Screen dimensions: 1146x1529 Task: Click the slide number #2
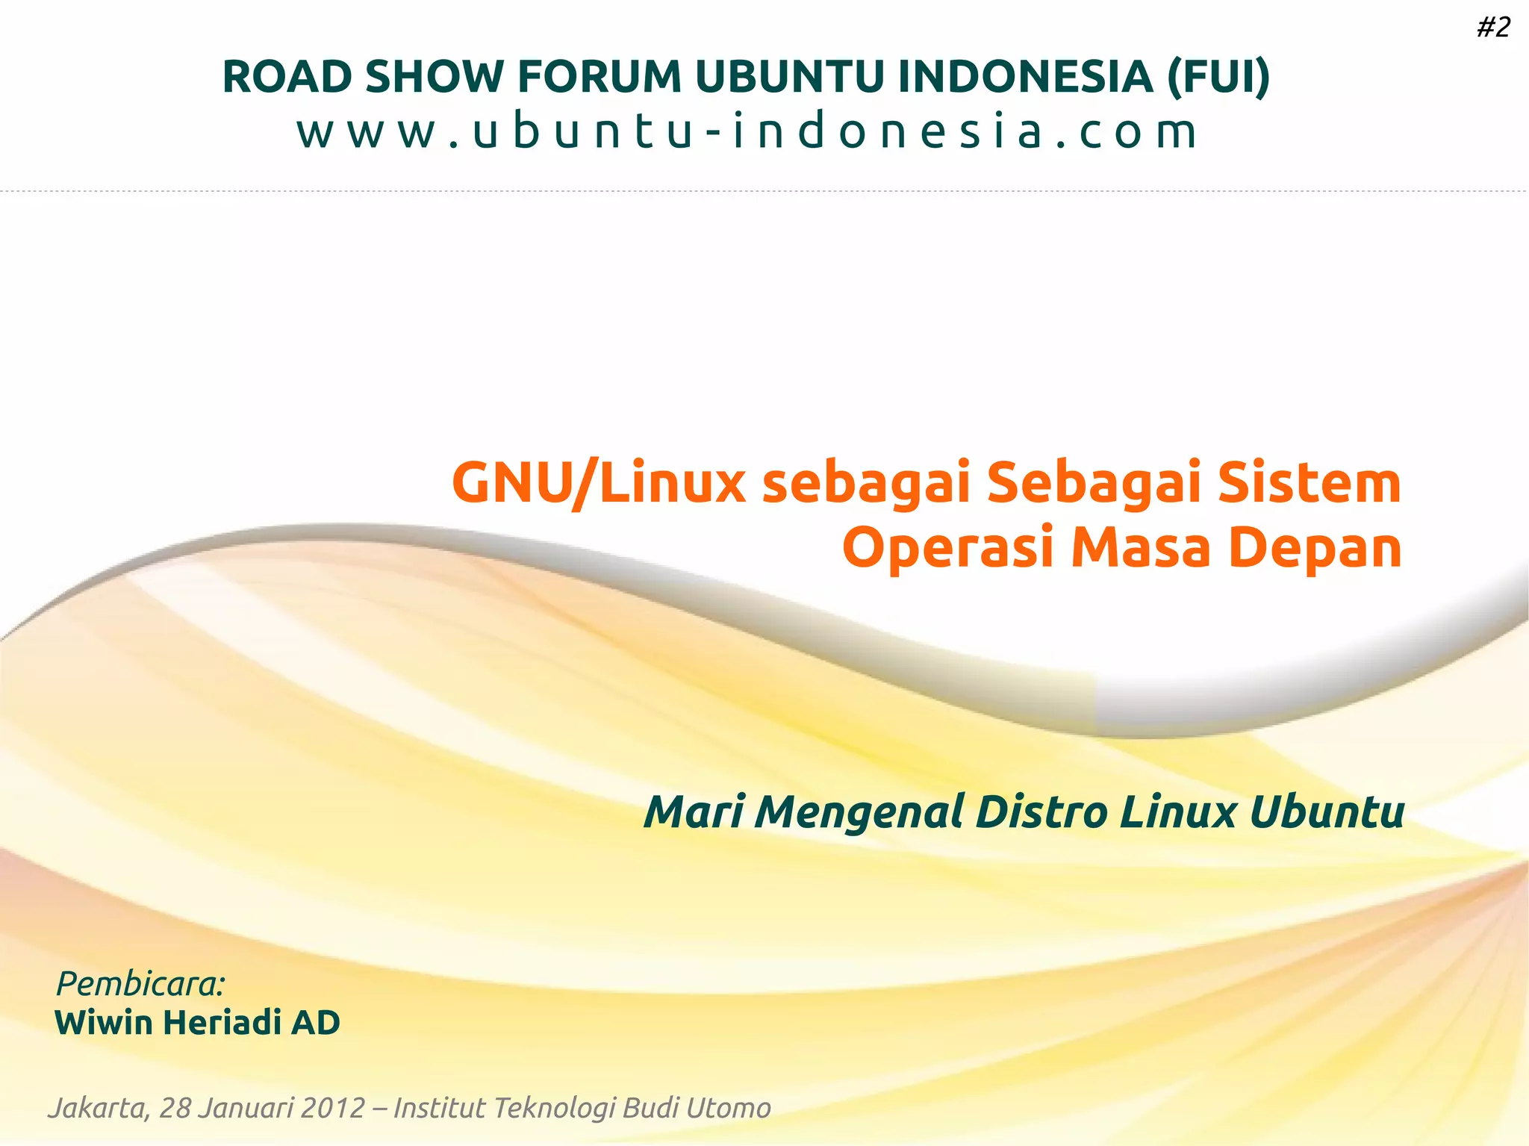pyautogui.click(x=1493, y=28)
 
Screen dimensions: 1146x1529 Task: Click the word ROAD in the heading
pyautogui.click(x=287, y=76)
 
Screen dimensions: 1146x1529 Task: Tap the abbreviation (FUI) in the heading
pyautogui.click(x=1218, y=76)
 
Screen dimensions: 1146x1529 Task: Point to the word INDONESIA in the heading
pyautogui.click(x=1025, y=76)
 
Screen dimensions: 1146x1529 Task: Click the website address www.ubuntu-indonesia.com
pyautogui.click(x=747, y=131)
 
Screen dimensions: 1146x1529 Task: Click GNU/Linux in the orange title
pyautogui.click(x=598, y=483)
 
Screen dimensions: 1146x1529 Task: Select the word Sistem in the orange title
pyautogui.click(x=1309, y=483)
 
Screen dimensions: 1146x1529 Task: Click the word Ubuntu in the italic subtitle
pyautogui.click(x=1327, y=812)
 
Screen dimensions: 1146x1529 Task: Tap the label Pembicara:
pyautogui.click(x=140, y=984)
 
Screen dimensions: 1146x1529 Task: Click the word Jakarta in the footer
pyautogui.click(x=98, y=1108)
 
